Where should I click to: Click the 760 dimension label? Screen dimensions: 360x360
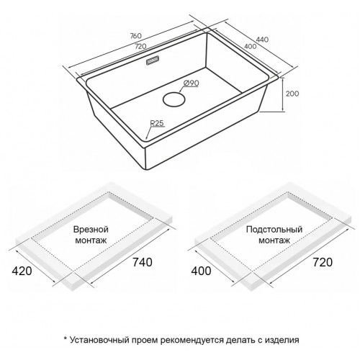pos(136,36)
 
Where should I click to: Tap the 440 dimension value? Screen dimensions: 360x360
pos(262,40)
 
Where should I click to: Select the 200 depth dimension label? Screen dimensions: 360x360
pos(292,94)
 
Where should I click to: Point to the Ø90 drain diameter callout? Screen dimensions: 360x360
pos(192,83)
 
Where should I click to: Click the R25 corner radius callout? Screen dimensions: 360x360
pos(157,123)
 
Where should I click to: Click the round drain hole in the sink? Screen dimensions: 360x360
pos(174,99)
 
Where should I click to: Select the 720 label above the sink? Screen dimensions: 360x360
pos(140,46)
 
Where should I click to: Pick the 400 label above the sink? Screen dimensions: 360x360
pos(250,46)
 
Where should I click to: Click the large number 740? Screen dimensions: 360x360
pos(143,262)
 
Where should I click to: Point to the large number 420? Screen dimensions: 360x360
pos(22,271)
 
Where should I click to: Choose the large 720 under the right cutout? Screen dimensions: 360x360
pos(323,262)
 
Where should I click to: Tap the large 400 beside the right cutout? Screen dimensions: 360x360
pos(201,271)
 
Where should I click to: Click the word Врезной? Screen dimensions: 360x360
pos(91,230)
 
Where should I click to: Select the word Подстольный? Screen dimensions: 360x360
pos(274,230)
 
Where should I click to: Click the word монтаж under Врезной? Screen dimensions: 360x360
pos(91,240)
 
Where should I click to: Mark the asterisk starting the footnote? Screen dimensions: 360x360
pos(65,338)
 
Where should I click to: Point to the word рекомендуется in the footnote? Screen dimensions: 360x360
pos(192,341)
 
